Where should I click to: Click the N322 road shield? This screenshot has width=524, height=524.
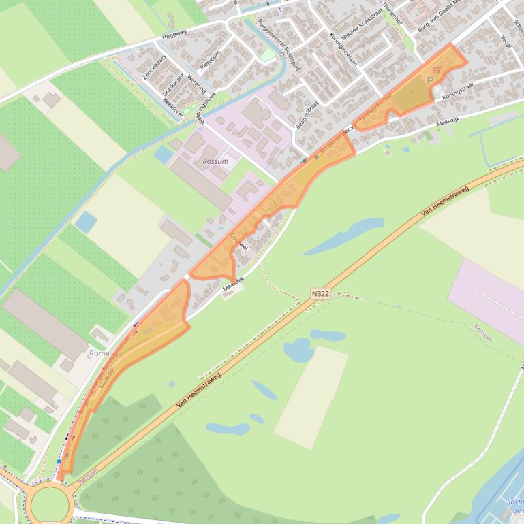[x=320, y=294]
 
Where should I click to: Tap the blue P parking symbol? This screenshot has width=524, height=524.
[x=430, y=80]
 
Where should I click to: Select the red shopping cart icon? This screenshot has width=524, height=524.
[x=436, y=69]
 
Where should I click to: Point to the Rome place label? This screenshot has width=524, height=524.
[x=99, y=353]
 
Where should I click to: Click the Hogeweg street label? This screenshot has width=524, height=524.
[x=174, y=35]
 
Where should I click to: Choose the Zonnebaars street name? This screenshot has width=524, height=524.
[x=154, y=67]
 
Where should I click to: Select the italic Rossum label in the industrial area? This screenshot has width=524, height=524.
[x=215, y=161]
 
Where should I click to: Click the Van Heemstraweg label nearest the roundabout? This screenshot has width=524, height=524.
[x=198, y=391]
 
